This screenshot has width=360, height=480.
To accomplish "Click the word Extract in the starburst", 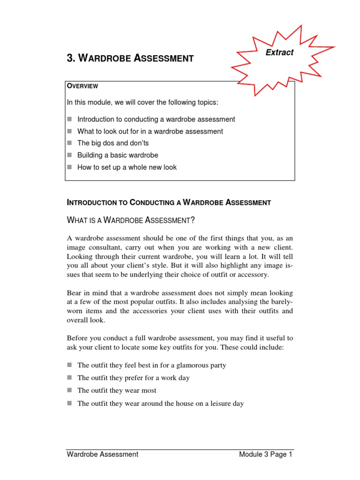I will pyautogui.click(x=279, y=52).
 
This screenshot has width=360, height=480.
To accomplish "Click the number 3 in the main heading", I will pyautogui.click(x=70, y=59).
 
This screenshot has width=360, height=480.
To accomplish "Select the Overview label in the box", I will pyautogui.click(x=82, y=86).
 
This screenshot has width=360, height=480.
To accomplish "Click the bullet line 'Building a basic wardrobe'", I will pyautogui.click(x=118, y=155).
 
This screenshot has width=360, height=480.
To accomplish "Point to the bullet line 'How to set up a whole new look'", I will pyautogui.click(x=127, y=167).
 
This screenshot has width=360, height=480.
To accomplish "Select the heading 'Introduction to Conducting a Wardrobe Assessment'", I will pyautogui.click(x=169, y=203).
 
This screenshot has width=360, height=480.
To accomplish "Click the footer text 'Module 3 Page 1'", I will pyautogui.click(x=265, y=454).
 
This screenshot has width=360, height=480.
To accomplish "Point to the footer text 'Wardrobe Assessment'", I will pyautogui.click(x=103, y=454).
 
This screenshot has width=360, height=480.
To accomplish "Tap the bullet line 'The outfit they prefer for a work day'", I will pyautogui.click(x=133, y=378).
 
